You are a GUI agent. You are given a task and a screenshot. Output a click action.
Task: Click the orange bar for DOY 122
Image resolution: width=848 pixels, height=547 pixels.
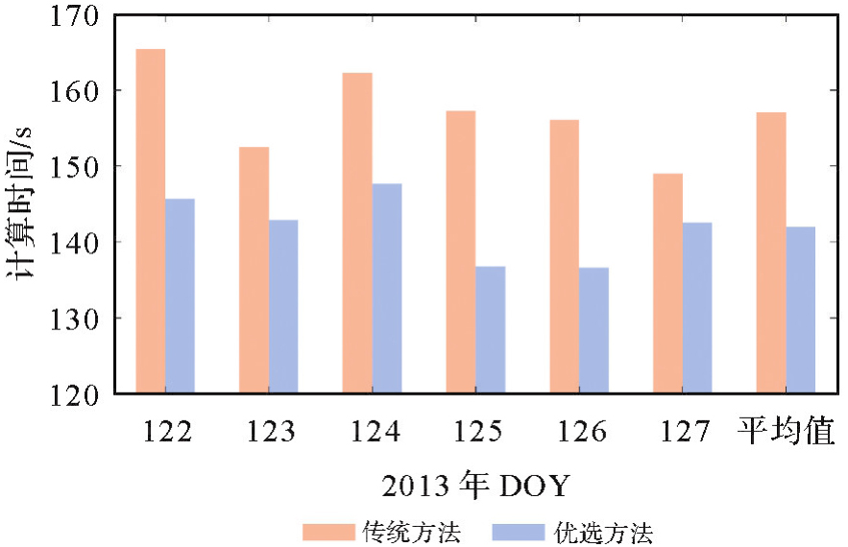[151, 221]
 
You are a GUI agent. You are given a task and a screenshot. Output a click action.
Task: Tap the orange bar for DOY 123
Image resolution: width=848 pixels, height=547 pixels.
[254, 270]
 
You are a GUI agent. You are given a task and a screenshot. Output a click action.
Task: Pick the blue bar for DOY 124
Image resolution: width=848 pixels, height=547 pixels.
[387, 288]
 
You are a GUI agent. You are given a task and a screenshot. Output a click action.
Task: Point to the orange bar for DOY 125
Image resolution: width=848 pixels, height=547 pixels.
[461, 251]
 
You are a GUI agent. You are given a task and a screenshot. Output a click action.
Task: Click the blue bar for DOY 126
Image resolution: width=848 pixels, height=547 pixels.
[594, 330]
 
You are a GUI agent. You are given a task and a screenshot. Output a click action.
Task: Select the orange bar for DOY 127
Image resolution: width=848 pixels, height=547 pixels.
[667, 283]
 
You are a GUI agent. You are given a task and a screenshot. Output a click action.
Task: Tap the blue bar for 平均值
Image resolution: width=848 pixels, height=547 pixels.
[800, 310]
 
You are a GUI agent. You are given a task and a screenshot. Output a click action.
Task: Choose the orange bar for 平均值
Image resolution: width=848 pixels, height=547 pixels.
[771, 252]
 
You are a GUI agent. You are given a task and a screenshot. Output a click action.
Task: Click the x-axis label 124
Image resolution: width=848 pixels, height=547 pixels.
[376, 432]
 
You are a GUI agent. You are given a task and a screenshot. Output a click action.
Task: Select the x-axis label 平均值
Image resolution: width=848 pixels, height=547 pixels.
[787, 431]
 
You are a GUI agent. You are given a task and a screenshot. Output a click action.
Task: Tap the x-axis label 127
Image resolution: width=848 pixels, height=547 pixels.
[685, 432]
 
